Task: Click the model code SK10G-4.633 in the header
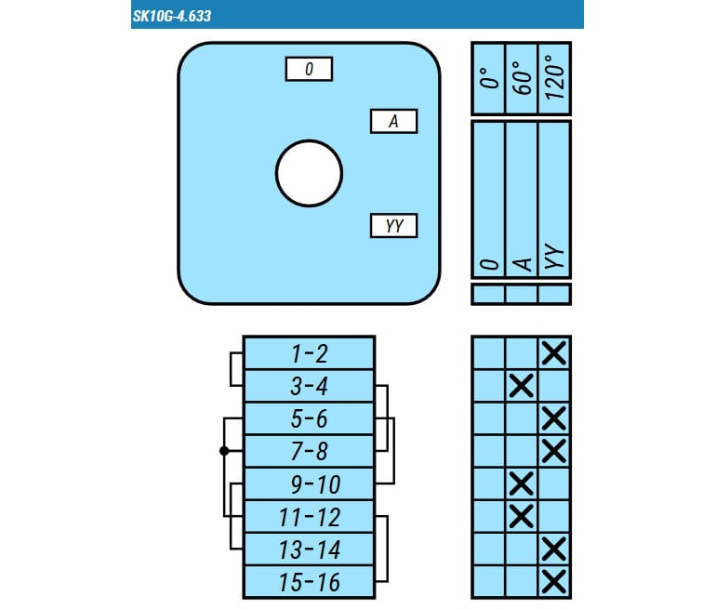coord(172,16)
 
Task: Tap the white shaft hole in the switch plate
coord(309,174)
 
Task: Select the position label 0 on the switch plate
coord(309,69)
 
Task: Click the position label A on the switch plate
coord(393,122)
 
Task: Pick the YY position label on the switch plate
coord(393,226)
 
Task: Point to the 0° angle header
coord(488,78)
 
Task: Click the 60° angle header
coord(522,78)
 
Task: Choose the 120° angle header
coord(555,78)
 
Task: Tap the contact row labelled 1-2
coord(309,353)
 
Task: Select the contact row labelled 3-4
coord(309,386)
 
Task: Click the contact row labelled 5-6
coord(309,418)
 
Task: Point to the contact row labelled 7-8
coord(309,451)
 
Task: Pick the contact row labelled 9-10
coord(309,483)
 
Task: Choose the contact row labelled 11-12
coord(309,517)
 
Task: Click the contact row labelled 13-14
coord(309,549)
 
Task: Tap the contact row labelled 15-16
coord(309,582)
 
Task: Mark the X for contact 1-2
coord(554,353)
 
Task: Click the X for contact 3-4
coord(521,386)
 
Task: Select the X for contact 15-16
coord(554,582)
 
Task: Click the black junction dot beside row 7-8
coord(224,451)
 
